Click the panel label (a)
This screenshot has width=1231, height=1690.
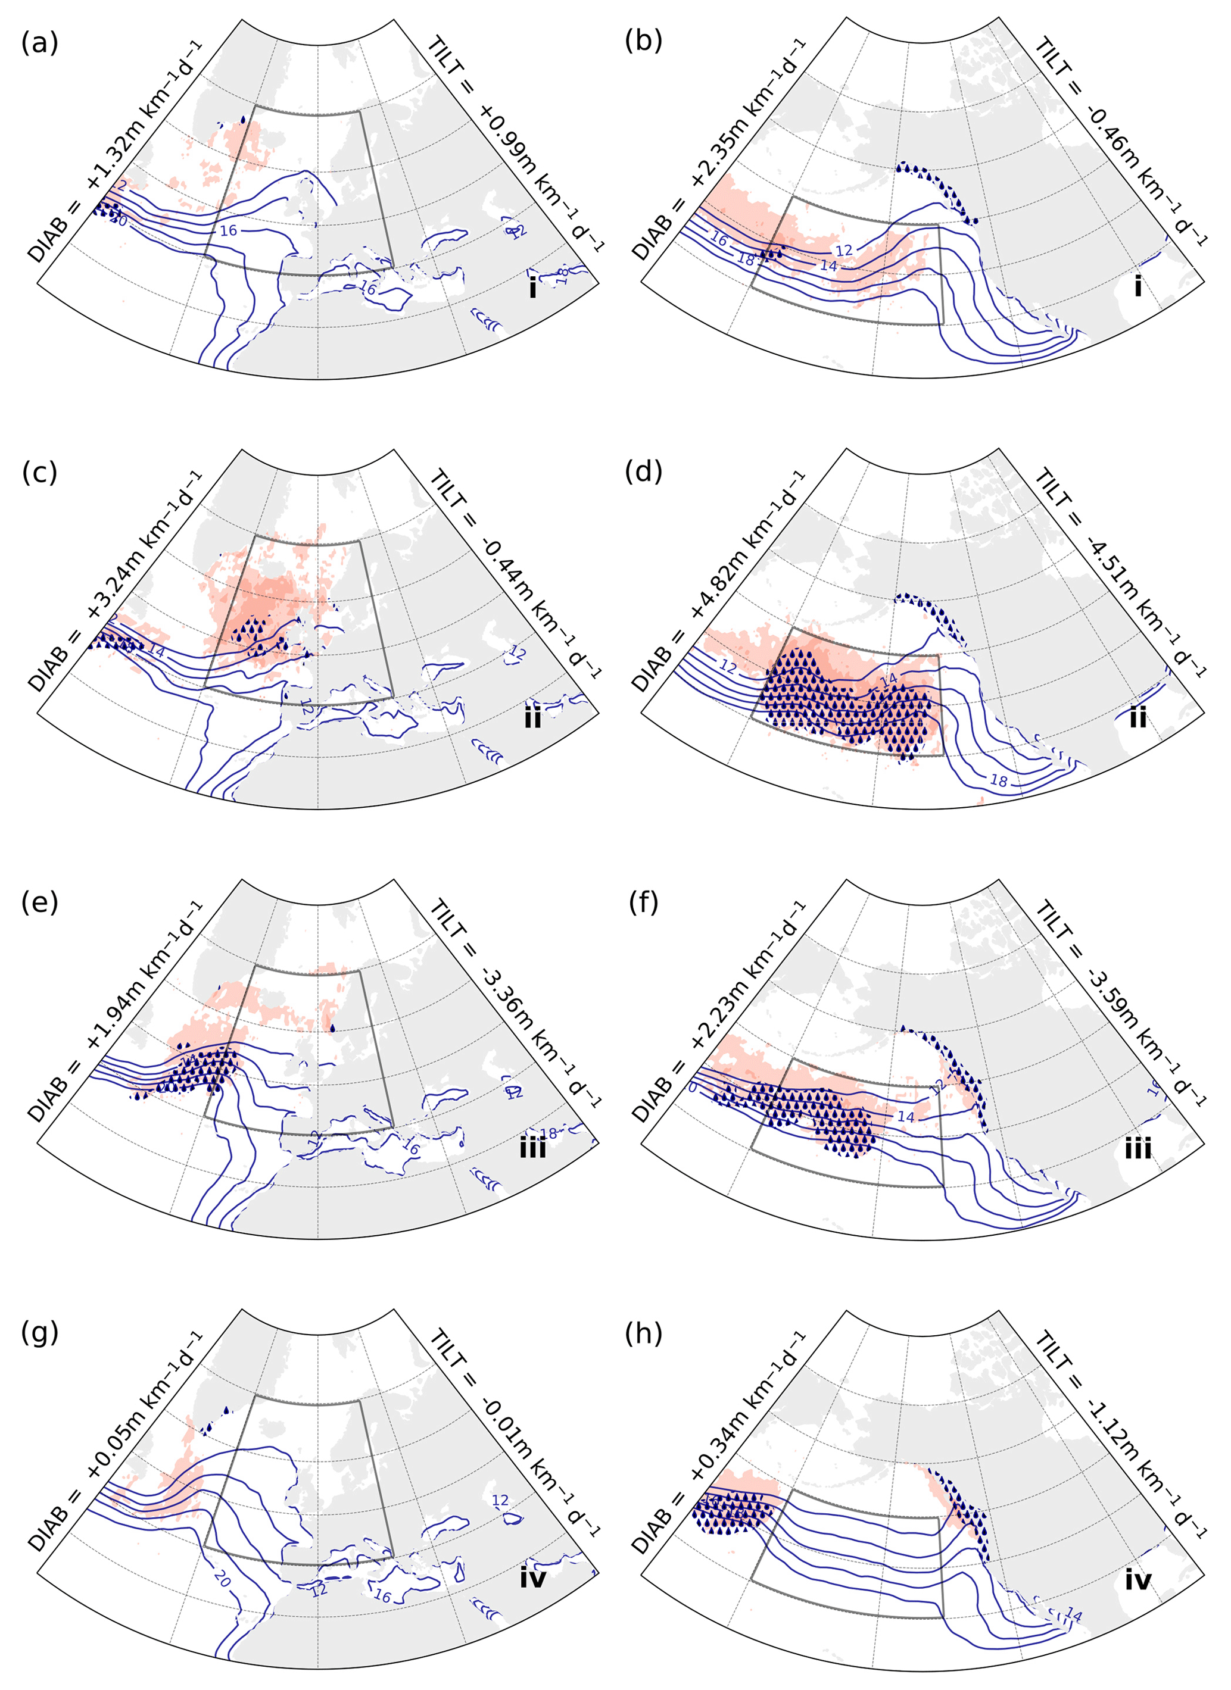click(39, 43)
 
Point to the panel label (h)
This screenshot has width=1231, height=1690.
click(643, 1332)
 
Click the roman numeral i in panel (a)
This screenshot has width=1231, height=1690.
click(532, 288)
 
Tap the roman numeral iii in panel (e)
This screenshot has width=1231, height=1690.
click(532, 1148)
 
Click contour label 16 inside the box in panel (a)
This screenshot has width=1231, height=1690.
click(228, 231)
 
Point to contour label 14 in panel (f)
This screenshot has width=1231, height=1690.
click(905, 1116)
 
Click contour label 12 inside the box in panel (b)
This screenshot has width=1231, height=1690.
click(843, 251)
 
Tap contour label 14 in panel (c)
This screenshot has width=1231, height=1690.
click(157, 651)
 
